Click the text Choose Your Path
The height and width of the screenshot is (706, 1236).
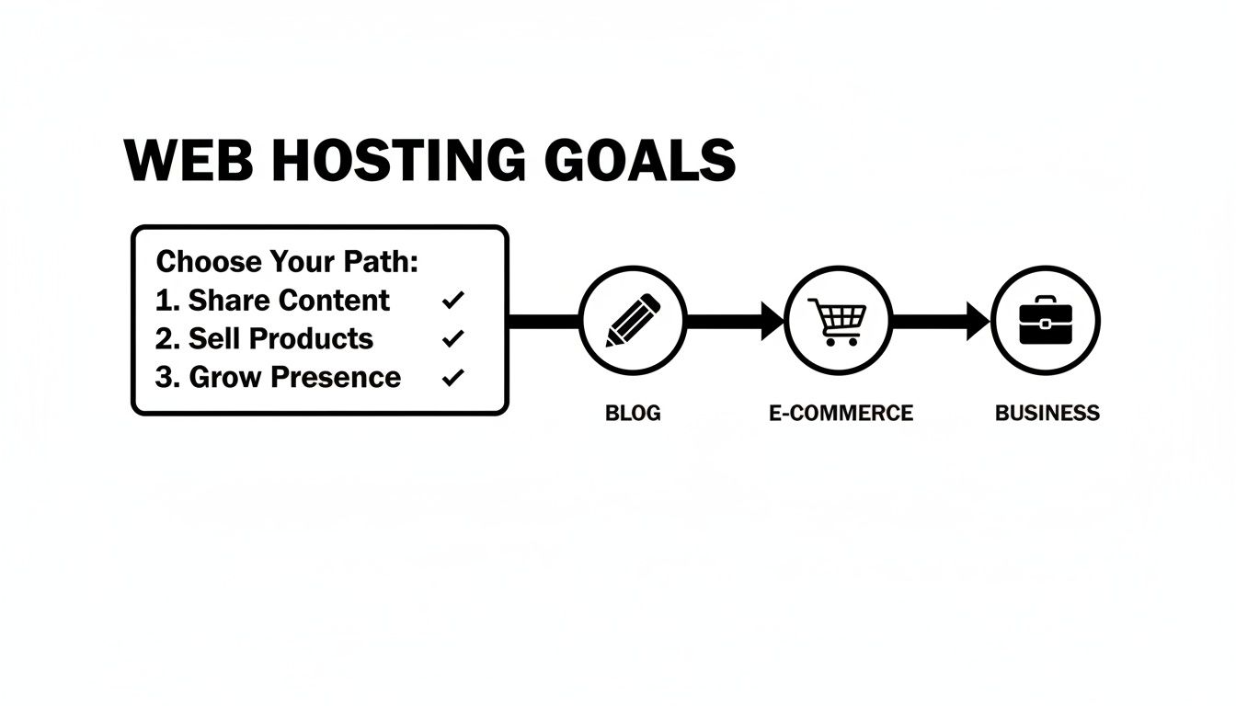click(x=287, y=262)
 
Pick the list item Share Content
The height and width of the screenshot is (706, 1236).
click(x=288, y=301)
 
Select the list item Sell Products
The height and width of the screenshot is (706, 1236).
click(x=280, y=339)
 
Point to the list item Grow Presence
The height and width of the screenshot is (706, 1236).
click(x=294, y=378)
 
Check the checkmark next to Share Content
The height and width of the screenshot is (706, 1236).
click(x=453, y=301)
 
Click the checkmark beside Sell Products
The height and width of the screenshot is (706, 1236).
click(x=453, y=339)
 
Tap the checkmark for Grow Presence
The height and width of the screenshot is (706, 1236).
click(x=453, y=378)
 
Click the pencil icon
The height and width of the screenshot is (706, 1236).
click(x=633, y=321)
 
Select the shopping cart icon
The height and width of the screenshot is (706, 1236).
click(x=839, y=321)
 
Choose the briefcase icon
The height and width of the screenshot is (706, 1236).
click(x=1047, y=321)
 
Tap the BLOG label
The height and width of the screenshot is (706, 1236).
click(x=633, y=414)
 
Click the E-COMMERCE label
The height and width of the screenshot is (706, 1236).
click(x=841, y=414)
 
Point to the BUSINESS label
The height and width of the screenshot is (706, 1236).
click(x=1047, y=414)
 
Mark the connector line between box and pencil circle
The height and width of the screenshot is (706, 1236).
click(x=544, y=322)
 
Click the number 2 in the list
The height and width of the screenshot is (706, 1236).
click(x=166, y=339)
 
